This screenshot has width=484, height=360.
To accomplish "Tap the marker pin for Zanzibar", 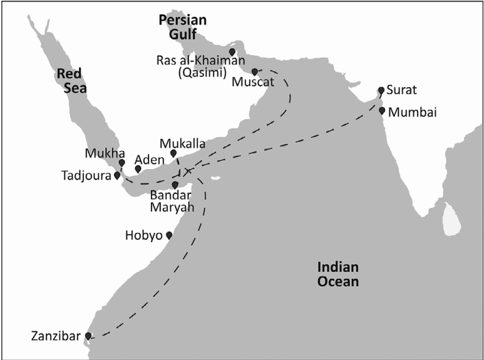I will click(x=88, y=336).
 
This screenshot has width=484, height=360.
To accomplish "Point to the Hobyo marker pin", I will click(x=168, y=235).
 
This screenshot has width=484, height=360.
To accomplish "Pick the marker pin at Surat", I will click(x=381, y=91).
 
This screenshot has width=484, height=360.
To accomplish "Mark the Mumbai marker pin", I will click(x=382, y=111).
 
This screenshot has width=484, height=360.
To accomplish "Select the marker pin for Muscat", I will click(x=255, y=71).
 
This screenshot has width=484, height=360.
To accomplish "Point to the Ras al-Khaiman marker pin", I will click(x=232, y=51).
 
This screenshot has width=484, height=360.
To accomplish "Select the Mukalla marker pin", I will click(x=173, y=153).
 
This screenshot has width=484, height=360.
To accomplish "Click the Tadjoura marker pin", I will click(x=116, y=175).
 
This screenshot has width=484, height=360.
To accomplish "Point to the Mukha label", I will click(x=101, y=153).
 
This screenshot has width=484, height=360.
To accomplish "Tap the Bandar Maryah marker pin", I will click(x=175, y=185).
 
